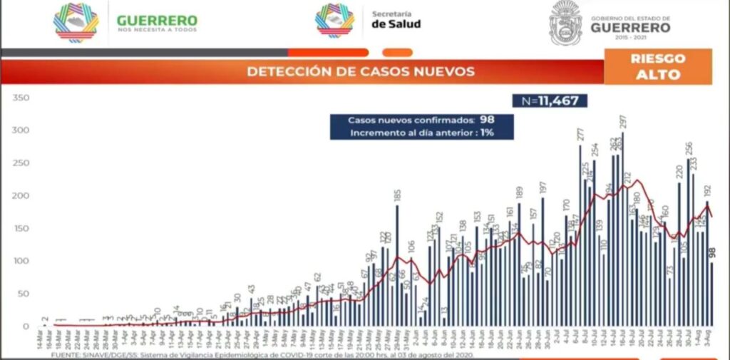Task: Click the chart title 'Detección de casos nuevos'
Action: [360, 71]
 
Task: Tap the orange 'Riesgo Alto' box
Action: [657, 66]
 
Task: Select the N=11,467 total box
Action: [550, 101]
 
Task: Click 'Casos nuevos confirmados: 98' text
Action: [421, 120]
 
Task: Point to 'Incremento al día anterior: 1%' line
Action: [421, 133]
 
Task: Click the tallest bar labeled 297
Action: [622, 228]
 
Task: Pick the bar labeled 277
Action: [580, 235]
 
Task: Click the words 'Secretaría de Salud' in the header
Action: [396, 19]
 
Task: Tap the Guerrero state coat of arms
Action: [565, 23]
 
